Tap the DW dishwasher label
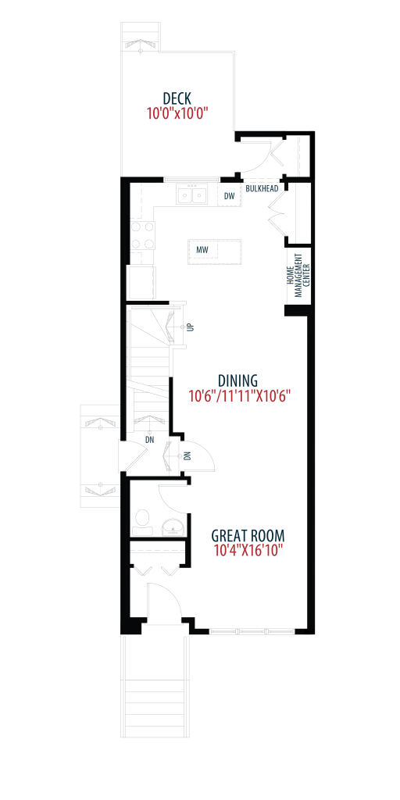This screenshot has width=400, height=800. tap(229, 196)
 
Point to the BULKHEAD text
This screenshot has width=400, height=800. tap(262, 189)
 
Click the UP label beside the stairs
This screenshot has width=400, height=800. tap(191, 327)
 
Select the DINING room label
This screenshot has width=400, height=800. tap(237, 380)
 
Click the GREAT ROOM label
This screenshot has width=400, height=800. tap(248, 536)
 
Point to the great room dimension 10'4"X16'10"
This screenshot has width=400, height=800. tap(247, 551)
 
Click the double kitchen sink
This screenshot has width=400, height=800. tap(192, 195)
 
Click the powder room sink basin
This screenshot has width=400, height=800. tap(173, 527)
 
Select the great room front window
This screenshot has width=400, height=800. tap(252, 631)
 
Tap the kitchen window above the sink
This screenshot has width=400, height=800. tap(192, 180)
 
